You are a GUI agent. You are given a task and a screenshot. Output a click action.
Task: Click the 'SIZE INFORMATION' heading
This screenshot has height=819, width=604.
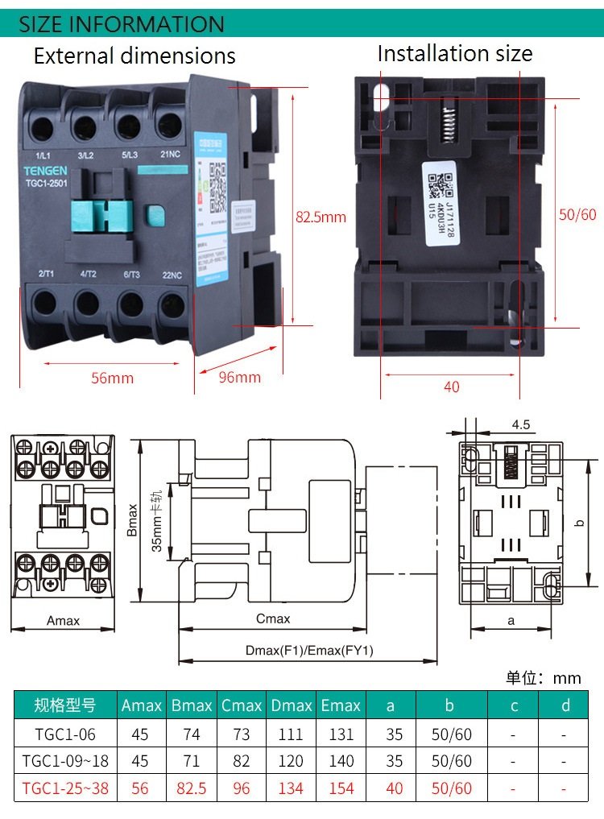coord(122,24)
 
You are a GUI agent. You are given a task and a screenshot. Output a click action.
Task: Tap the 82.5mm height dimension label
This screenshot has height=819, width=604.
coord(321,217)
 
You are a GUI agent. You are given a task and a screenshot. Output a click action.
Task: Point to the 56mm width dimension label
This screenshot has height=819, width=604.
coord(112,378)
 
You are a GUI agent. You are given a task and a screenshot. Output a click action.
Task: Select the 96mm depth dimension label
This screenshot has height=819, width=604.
coord(240,377)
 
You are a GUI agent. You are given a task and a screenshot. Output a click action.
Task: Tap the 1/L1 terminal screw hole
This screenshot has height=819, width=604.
coord(42,126)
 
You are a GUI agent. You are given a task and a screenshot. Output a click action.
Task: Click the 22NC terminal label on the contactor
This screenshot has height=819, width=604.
coord(172,275)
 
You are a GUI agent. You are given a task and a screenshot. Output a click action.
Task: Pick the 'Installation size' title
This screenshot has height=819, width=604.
coord(455,54)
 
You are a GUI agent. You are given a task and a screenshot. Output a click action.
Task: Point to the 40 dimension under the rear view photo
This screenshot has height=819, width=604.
coord(452,387)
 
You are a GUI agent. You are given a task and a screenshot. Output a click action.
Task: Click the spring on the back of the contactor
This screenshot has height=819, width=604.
coord(449,121)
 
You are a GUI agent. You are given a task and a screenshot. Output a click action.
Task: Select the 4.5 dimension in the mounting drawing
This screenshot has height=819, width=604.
coord(521,424)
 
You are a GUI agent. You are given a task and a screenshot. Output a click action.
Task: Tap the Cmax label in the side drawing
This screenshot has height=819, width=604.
coord(273,618)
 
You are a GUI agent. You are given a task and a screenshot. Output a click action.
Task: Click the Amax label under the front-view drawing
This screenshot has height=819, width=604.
coord(63,621)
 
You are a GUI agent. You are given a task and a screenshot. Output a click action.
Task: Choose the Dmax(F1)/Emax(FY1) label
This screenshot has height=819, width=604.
coord(309,651)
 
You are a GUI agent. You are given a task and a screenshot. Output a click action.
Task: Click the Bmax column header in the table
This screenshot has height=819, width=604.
coord(192,705)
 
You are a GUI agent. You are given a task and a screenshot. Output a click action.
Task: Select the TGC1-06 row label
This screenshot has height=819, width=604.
coord(64,734)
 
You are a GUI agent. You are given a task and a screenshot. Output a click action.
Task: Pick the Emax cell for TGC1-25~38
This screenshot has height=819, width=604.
coord(341,788)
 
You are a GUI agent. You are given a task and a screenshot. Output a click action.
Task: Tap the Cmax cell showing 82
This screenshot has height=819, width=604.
coord(242,761)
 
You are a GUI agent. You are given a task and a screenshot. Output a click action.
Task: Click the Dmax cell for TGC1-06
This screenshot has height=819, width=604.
coord(291,734)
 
